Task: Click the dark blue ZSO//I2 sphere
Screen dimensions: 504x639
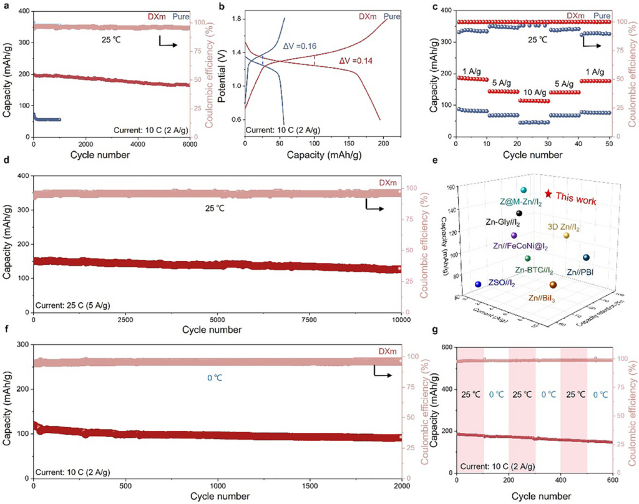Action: (478, 284)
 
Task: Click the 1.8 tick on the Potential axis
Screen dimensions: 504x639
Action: (236, 19)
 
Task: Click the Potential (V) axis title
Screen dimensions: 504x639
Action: (219, 69)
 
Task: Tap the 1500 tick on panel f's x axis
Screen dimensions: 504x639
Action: (309, 487)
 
